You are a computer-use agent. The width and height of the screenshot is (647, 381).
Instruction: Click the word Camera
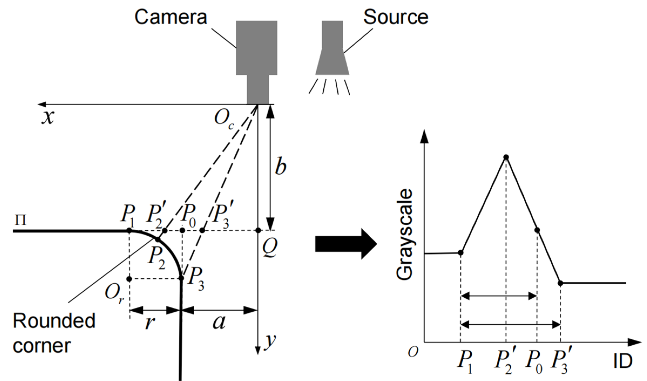171,17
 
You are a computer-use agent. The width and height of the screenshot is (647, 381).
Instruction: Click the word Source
396,17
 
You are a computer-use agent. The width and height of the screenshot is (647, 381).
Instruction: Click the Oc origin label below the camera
224,120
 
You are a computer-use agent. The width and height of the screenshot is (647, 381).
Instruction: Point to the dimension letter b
280,167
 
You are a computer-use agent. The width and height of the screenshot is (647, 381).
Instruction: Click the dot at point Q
258,230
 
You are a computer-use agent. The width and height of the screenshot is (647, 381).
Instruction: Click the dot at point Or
129,278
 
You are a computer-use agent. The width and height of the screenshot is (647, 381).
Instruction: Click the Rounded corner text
54,333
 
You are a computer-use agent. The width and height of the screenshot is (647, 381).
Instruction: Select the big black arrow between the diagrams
346,244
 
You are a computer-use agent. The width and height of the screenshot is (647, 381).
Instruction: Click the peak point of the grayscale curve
506,157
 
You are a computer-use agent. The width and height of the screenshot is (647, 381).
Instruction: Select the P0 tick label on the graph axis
534,362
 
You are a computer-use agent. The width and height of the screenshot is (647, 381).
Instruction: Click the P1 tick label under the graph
465,362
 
